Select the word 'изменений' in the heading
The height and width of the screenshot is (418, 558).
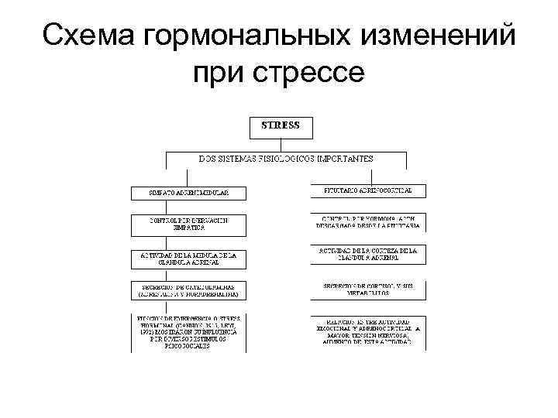(444, 36)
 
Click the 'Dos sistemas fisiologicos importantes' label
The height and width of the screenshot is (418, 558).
(286, 158)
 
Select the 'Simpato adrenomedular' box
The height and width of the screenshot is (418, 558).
(189, 192)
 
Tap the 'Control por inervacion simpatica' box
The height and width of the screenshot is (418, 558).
(189, 224)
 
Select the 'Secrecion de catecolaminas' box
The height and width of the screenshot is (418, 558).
(189, 290)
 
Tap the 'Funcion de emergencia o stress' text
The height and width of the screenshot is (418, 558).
(189, 331)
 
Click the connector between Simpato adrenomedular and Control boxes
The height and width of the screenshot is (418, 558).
(189, 206)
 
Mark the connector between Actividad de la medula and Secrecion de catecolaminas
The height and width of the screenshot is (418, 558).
(189, 273)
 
